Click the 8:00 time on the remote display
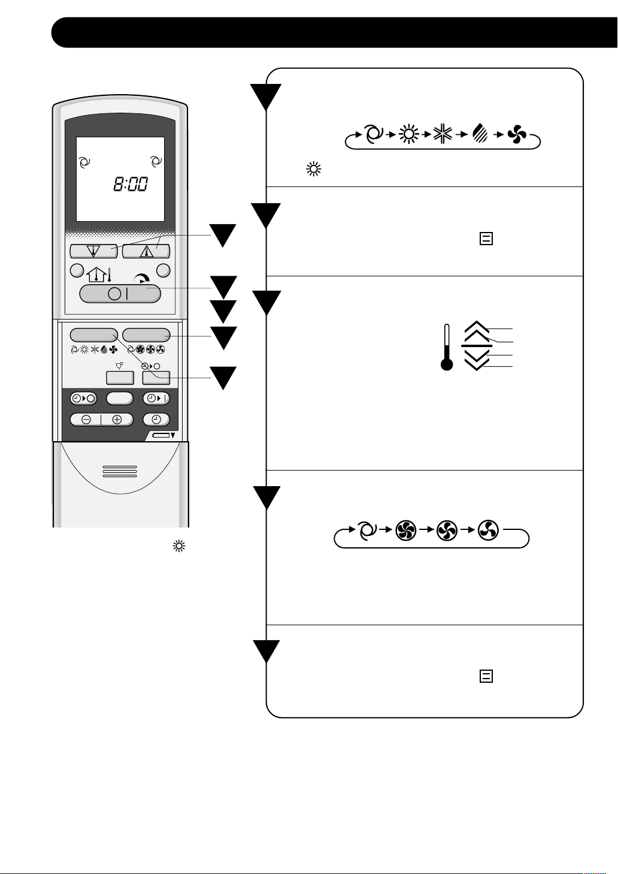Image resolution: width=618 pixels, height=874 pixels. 131,184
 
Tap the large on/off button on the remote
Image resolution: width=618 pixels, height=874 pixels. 120,294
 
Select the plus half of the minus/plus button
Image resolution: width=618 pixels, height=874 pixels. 117,420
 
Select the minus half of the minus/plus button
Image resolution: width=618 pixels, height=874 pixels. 86,420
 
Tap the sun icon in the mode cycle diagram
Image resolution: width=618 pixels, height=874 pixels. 409,135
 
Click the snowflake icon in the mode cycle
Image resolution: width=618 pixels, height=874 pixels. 443,135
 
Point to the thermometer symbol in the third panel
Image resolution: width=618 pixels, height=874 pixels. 446,348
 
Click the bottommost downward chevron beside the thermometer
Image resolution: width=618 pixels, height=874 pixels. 477,365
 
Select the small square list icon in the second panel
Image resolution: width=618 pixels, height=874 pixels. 486,239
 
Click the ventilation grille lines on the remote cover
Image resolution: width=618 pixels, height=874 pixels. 120,472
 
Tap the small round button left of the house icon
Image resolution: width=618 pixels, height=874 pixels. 77,270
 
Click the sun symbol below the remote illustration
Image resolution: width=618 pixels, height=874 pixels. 178,546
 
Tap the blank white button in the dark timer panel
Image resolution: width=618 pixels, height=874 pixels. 119,399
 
